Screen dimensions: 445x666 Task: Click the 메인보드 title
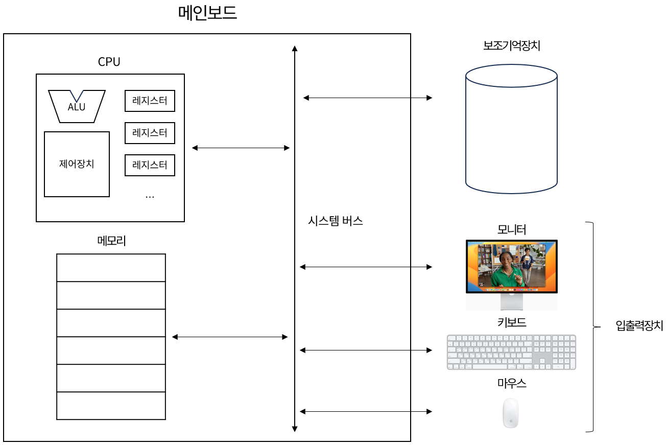[207, 13]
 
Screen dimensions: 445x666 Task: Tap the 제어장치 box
[77, 164]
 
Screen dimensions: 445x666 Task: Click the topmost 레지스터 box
[150, 101]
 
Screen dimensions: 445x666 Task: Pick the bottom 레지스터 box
[150, 165]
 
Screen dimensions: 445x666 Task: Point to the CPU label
[109, 62]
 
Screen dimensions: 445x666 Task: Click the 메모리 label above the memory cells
[111, 241]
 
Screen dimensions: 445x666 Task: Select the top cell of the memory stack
[111, 268]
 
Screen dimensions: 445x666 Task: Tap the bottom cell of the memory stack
[111, 406]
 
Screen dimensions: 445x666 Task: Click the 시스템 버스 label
[336, 221]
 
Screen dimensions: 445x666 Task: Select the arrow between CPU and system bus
[241, 148]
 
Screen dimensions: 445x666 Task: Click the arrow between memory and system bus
[230, 337]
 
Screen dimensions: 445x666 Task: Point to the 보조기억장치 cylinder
[511, 129]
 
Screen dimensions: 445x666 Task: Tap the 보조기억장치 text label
[511, 45]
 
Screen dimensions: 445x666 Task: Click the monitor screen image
[511, 266]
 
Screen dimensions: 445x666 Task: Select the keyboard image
[511, 352]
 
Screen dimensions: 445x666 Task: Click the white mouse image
[511, 413]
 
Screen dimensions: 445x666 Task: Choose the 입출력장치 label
[639, 325]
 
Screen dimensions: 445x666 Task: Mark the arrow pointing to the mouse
[366, 411]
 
